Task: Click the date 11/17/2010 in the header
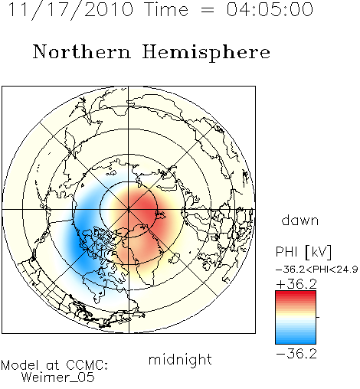[70, 10]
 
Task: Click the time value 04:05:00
[270, 9]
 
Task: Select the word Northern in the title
[82, 51]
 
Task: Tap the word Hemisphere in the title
[206, 53]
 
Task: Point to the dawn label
[300, 221]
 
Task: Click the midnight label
[180, 360]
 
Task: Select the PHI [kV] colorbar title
[303, 252]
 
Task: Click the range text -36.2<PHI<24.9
[317, 270]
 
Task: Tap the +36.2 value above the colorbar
[296, 284]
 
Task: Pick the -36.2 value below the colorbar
[296, 354]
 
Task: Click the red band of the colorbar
[296, 296]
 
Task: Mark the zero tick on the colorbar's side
[318, 317]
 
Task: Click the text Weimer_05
[57, 378]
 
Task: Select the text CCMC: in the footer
[87, 365]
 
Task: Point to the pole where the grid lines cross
[129, 210]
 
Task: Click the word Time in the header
[166, 9]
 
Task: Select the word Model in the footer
[20, 365]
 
